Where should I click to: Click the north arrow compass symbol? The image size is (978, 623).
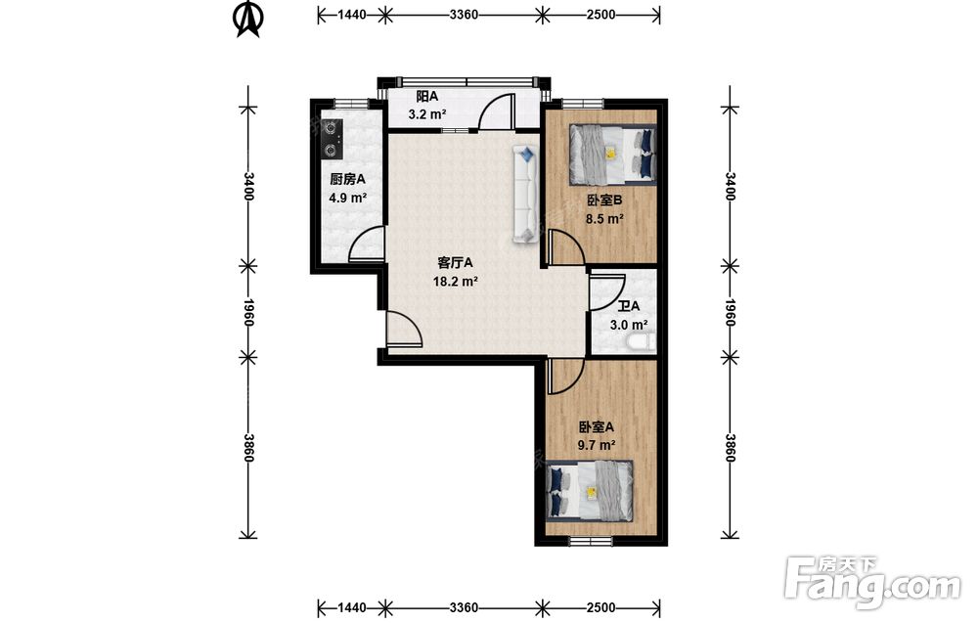[x=248, y=20]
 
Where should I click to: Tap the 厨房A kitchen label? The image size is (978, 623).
[x=347, y=180]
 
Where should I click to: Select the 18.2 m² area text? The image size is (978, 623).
[x=456, y=282]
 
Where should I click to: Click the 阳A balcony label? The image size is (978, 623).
[x=427, y=97]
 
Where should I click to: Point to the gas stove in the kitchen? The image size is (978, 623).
[x=331, y=139]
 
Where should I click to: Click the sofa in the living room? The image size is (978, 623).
[x=525, y=194]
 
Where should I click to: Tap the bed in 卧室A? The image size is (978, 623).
[x=590, y=490]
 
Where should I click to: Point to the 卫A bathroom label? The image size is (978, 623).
[x=629, y=307]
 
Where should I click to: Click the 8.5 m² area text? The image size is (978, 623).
[x=605, y=219]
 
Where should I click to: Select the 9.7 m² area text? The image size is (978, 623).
[x=597, y=445]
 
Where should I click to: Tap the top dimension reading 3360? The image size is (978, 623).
[x=464, y=15]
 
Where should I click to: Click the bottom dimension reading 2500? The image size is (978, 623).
[x=600, y=607]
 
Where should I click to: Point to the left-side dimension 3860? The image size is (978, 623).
[x=248, y=448]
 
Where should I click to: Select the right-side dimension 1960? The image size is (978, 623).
[x=731, y=312]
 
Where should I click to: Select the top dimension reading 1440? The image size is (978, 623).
[x=352, y=15]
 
